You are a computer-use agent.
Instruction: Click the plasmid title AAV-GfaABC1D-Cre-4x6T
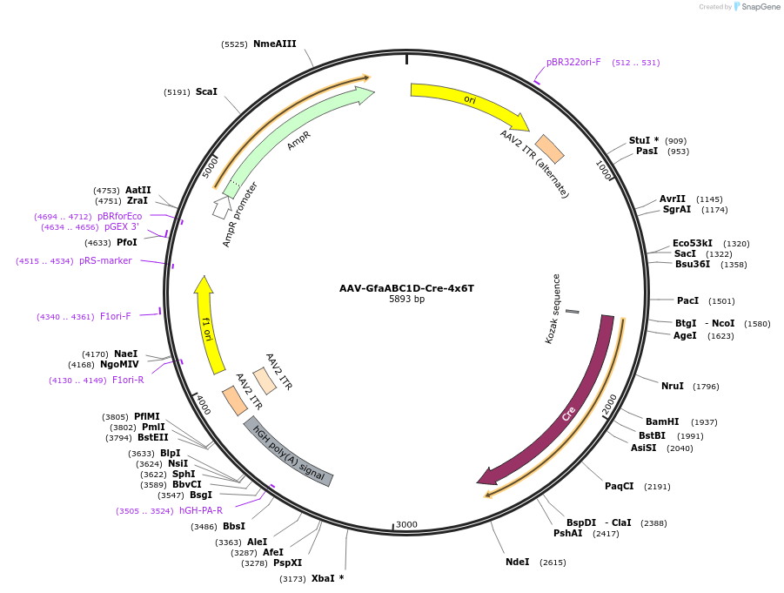pos(406,288)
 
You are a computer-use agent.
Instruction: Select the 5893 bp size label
pos(406,300)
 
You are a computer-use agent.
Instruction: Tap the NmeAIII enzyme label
pos(274,44)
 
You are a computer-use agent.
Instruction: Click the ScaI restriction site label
pos(206,91)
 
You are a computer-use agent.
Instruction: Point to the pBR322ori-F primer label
pos(573,62)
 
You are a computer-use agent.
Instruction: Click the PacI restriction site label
pos(687,300)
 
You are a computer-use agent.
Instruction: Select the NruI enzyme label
pos(672,386)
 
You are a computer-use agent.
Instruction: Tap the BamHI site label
pos(661,421)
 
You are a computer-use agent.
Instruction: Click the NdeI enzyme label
pos(517,562)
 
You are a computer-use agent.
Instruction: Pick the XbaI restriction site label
pos(327,578)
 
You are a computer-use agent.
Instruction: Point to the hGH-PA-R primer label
pos(200,510)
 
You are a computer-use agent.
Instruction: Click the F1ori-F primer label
pos(115,316)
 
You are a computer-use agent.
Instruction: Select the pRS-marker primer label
pos(105,260)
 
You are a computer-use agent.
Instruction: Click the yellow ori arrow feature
pos(470,102)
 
